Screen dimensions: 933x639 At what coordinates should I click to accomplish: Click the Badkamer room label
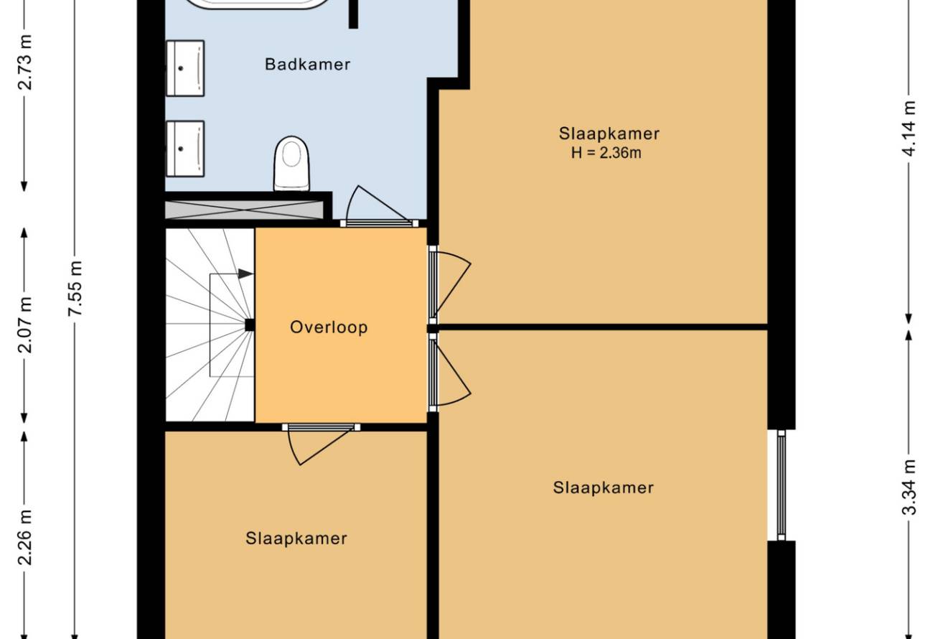coord(307,65)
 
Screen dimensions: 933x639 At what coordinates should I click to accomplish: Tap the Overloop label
coord(329,327)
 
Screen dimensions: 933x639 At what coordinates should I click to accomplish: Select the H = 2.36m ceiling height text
coord(606,153)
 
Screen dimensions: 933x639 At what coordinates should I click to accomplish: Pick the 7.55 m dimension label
coord(76,289)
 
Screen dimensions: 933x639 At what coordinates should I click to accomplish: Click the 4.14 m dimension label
coord(910,129)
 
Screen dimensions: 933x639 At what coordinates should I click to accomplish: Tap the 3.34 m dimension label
coord(910,487)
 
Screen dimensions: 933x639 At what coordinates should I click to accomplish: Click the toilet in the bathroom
coord(291,164)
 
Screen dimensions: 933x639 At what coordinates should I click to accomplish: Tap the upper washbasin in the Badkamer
coord(185,68)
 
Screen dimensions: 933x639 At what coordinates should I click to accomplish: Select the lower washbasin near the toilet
coord(185,149)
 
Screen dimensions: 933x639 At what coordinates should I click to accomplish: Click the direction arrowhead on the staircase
coord(245,274)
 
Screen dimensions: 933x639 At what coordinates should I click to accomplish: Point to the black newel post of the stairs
coord(250,325)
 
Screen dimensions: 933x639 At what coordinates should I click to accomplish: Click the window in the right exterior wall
coord(782,485)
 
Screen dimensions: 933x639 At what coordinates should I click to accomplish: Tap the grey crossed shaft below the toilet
coord(244,210)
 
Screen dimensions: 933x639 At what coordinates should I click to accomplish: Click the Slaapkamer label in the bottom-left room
coord(296,538)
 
